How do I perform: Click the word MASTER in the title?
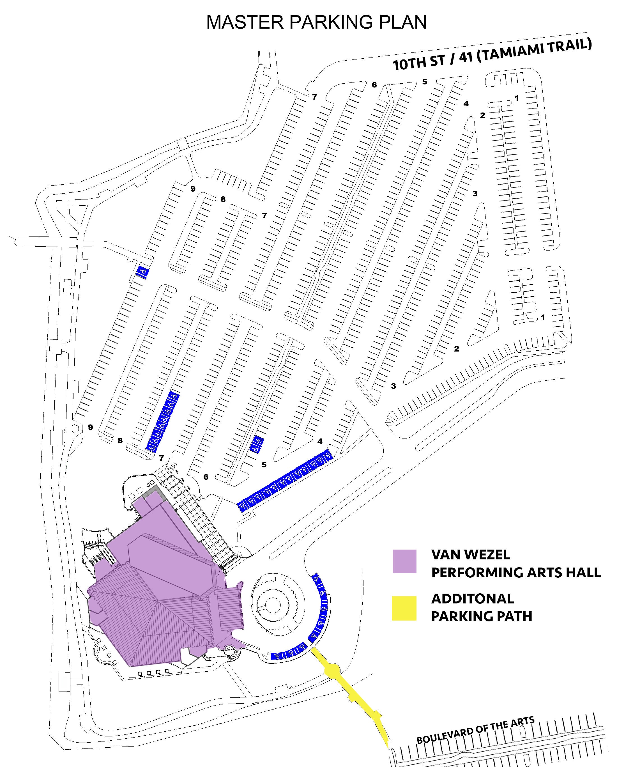pos(245,22)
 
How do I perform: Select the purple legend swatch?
pos(404,561)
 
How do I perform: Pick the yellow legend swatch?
pos(404,608)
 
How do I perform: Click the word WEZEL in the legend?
pos(489,555)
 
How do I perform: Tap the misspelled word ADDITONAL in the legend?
pos(473,599)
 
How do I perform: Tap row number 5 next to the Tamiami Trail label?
pos(425,81)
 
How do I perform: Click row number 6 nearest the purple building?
pos(206,477)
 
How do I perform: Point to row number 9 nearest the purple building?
pos(90,427)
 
